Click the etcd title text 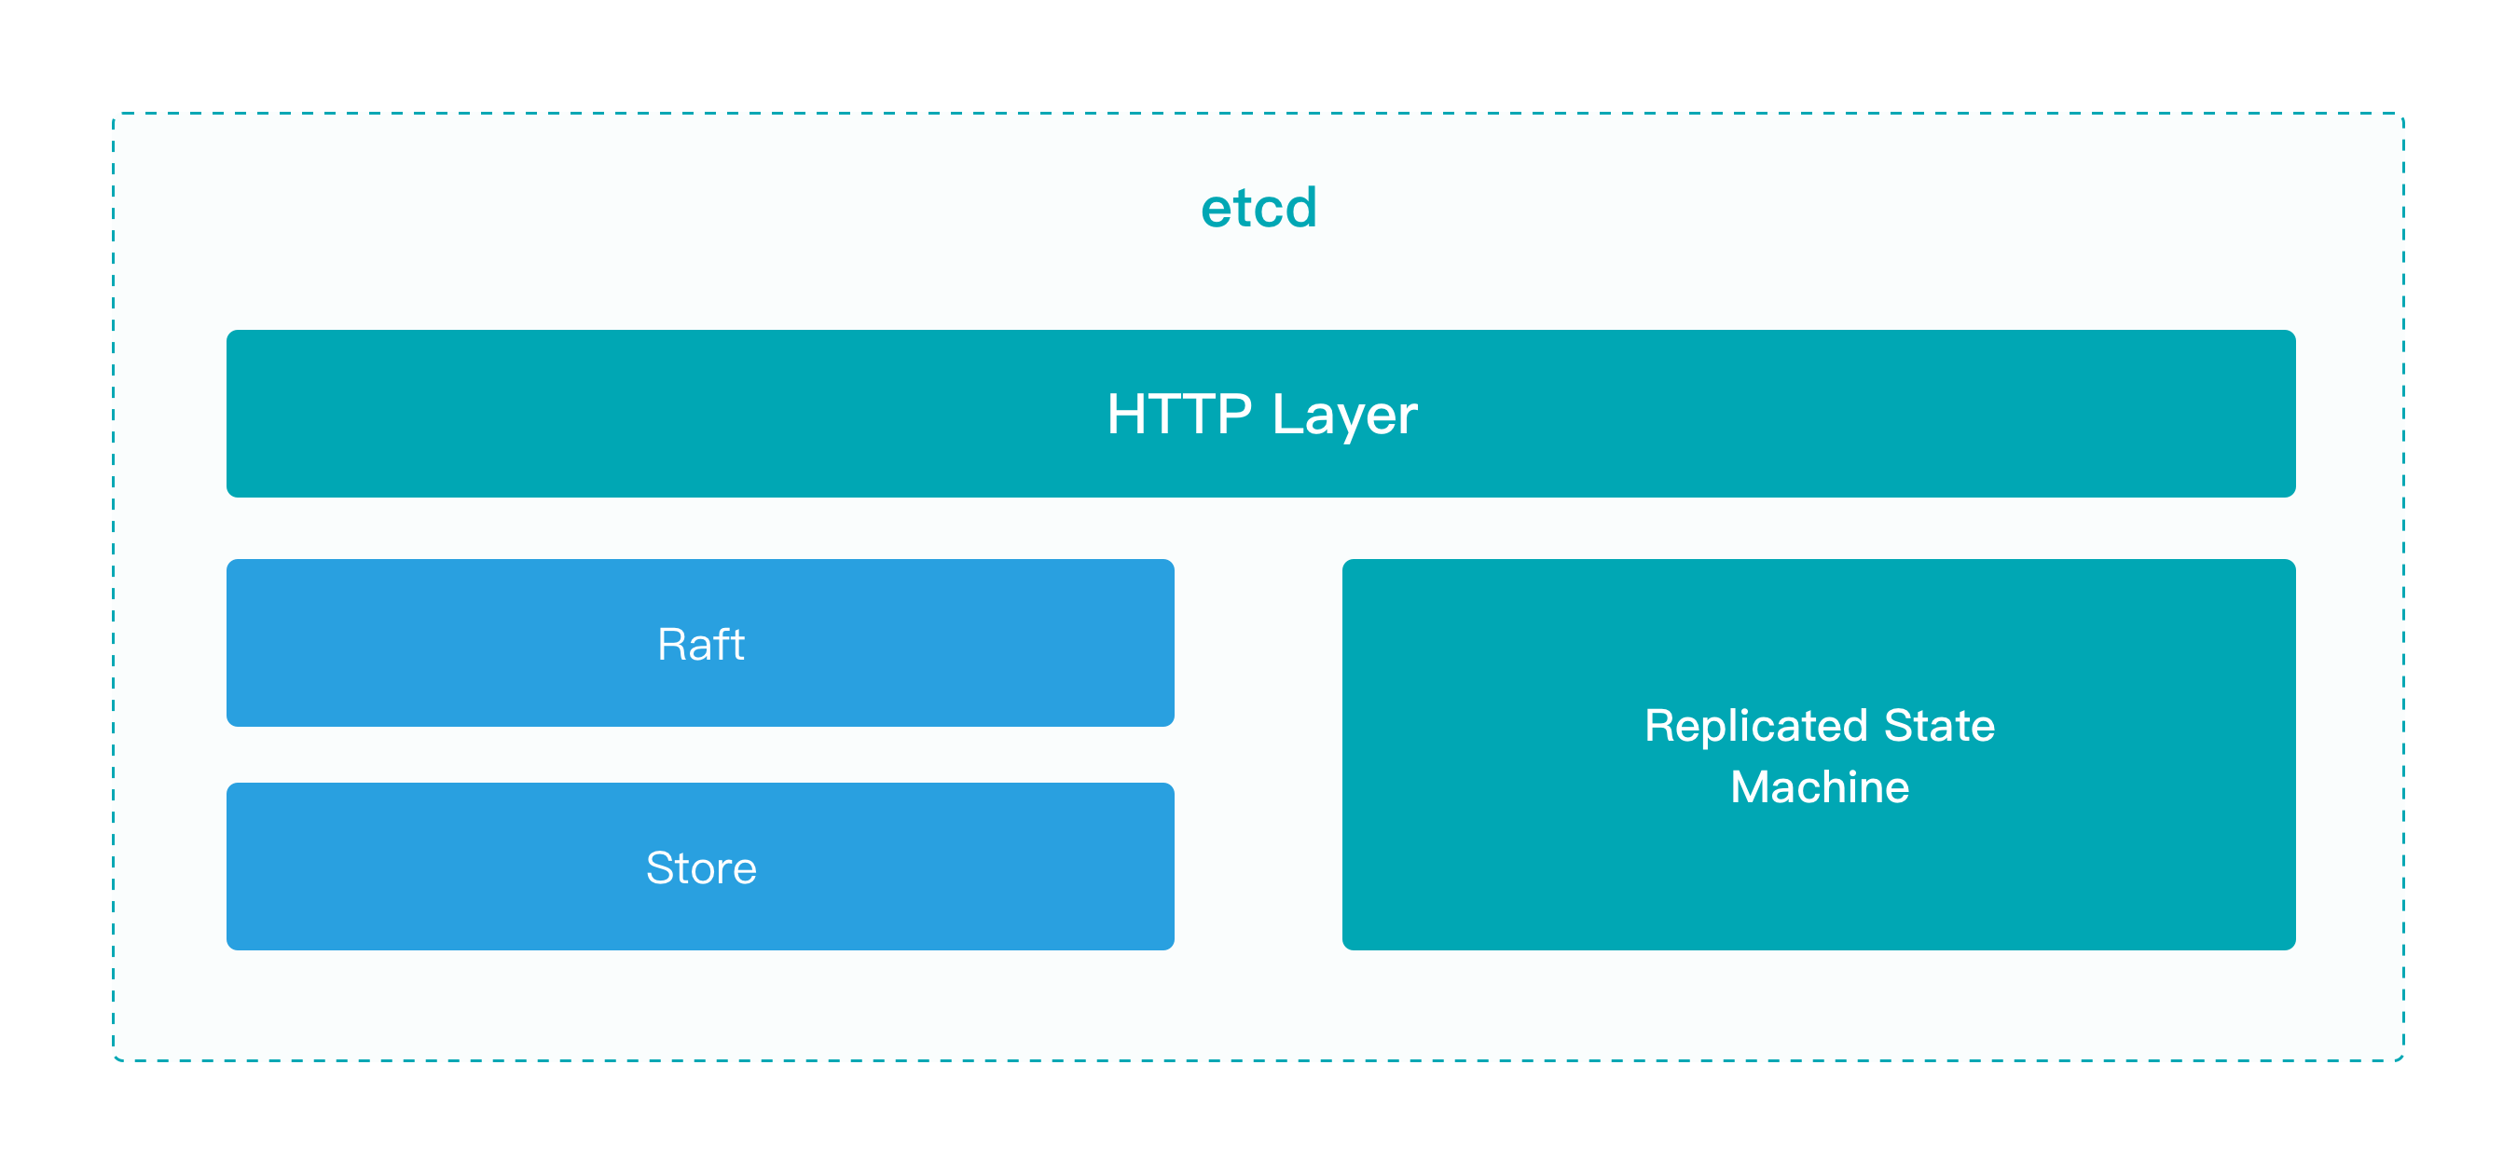tap(1258, 208)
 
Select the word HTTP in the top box tap(1178, 414)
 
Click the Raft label tap(701, 645)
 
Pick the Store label tap(701, 868)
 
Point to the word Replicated tap(1756, 727)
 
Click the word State tap(1939, 726)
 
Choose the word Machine tap(1820, 787)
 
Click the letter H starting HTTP tap(1123, 414)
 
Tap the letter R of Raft tap(671, 645)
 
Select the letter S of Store tap(659, 868)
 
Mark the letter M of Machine tap(1750, 787)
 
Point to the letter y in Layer tap(1346, 420)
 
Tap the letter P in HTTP tap(1235, 414)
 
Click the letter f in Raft tap(725, 644)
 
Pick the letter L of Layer tap(1285, 414)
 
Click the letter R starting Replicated tap(1659, 726)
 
